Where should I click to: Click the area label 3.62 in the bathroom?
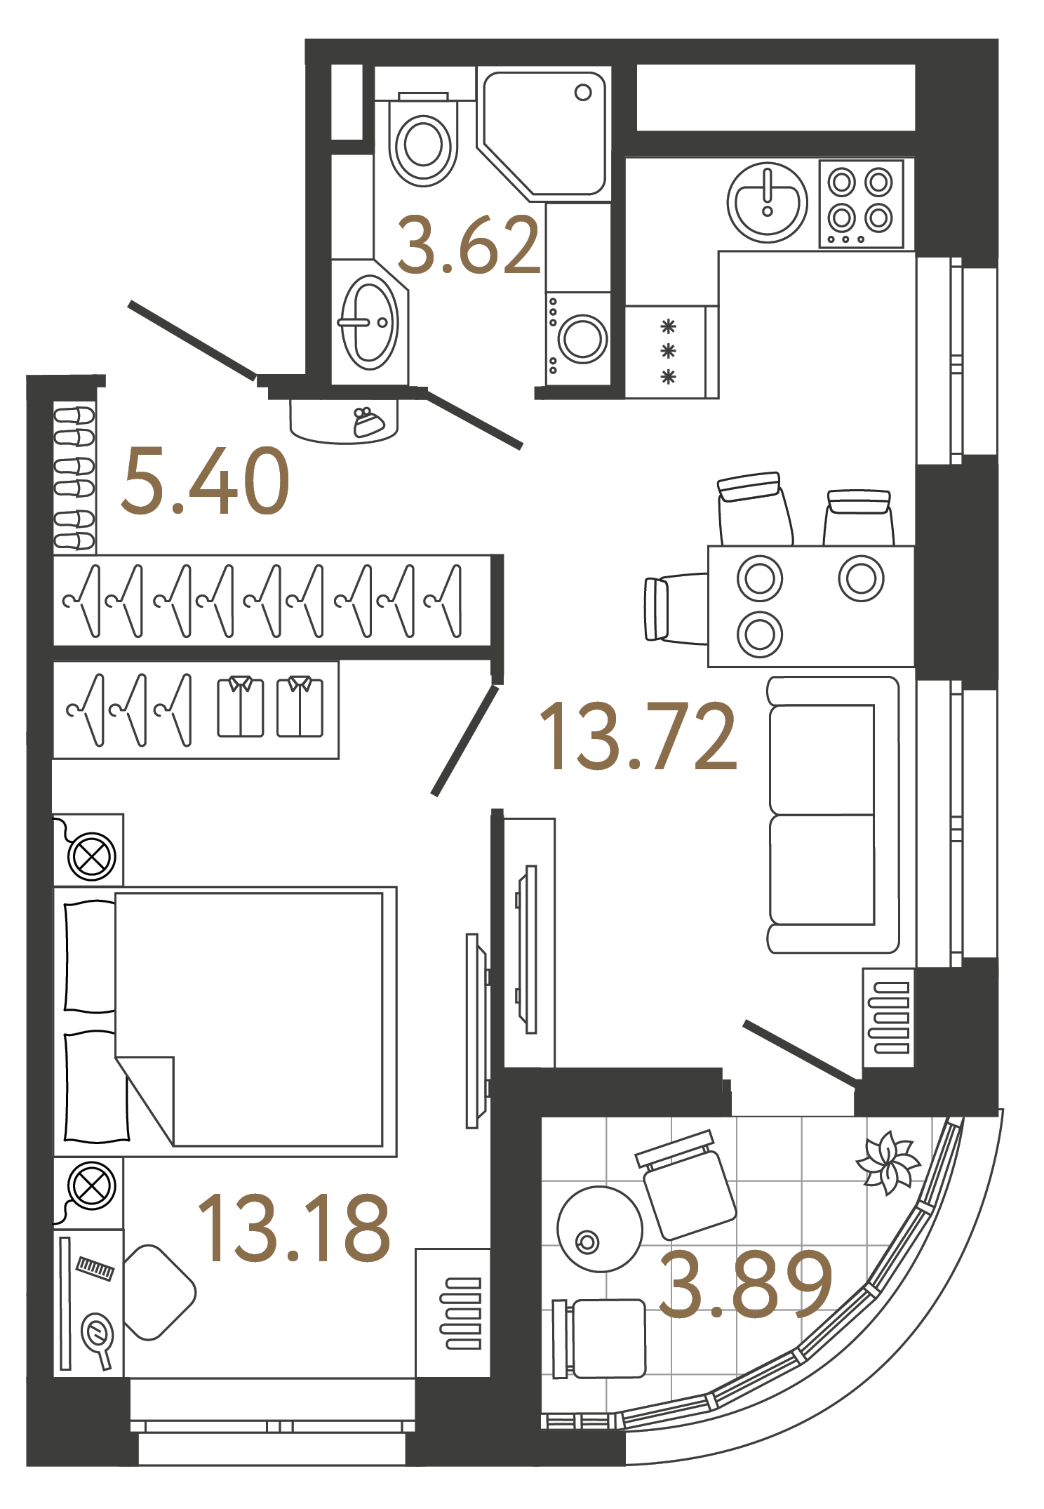pyautogui.click(x=469, y=246)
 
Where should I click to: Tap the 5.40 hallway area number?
pyautogui.click(x=205, y=482)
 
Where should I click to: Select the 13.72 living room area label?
pyautogui.click(x=638, y=737)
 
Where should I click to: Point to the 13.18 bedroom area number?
pyautogui.click(x=293, y=1228)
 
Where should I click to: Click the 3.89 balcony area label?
pyautogui.click(x=745, y=1284)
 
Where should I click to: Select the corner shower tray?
pyautogui.click(x=544, y=133)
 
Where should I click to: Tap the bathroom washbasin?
pyautogui.click(x=370, y=323)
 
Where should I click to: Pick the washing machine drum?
pyautogui.click(x=582, y=338)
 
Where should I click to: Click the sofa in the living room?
pyautogui.click(x=833, y=814)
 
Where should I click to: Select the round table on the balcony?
pyautogui.click(x=599, y=1228)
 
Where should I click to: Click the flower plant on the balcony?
pyautogui.click(x=888, y=1162)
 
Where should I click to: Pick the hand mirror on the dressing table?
pyautogui.click(x=97, y=1334)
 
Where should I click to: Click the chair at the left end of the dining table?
pyautogui.click(x=674, y=609)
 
